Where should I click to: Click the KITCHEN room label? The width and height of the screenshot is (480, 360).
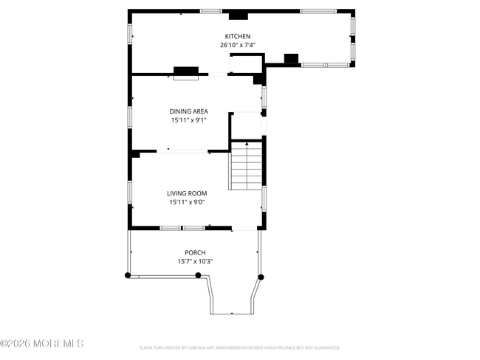[238, 36]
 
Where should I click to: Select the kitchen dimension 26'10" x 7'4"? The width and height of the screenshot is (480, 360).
[238, 45]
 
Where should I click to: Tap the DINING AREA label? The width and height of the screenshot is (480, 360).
[189, 111]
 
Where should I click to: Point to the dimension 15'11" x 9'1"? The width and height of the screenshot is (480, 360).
[189, 120]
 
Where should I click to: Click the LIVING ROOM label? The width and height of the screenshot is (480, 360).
[186, 193]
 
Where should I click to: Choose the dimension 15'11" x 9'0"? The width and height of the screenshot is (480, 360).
[186, 202]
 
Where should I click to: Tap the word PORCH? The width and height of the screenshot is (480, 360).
[195, 252]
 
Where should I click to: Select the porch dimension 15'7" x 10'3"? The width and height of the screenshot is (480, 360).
[195, 261]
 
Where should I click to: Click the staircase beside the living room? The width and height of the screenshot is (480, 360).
[246, 166]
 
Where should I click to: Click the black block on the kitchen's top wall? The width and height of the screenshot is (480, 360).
[239, 15]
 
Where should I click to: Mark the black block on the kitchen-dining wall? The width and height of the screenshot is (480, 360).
[186, 71]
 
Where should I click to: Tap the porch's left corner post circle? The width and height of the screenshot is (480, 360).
[127, 275]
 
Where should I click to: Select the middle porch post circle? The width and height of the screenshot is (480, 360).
[198, 275]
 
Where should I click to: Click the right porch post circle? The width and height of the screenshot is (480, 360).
[260, 277]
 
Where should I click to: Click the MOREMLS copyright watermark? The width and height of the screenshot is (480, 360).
[42, 344]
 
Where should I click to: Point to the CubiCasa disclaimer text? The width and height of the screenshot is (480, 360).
[239, 347]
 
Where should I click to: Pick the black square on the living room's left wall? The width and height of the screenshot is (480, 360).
[135, 153]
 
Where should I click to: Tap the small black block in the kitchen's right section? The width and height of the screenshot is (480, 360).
[291, 58]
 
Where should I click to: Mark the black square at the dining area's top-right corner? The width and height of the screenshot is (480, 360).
[259, 78]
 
